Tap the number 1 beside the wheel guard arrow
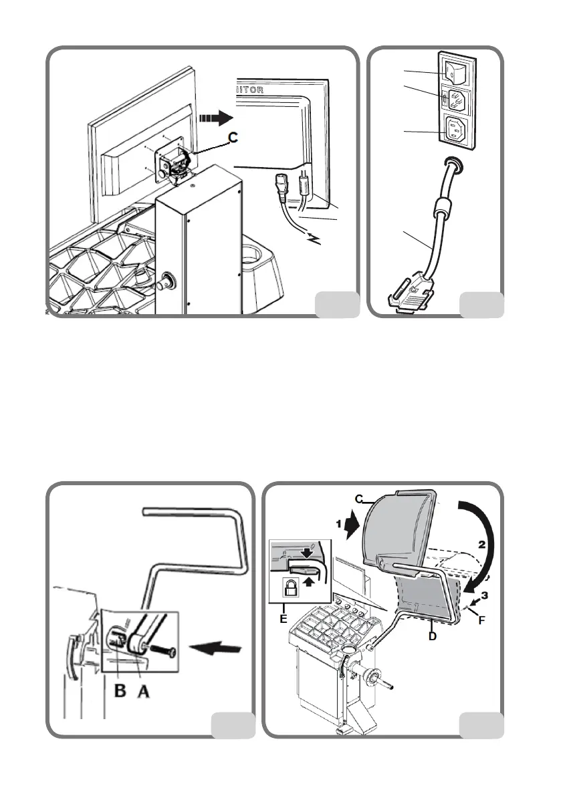pyautogui.click(x=340, y=518)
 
